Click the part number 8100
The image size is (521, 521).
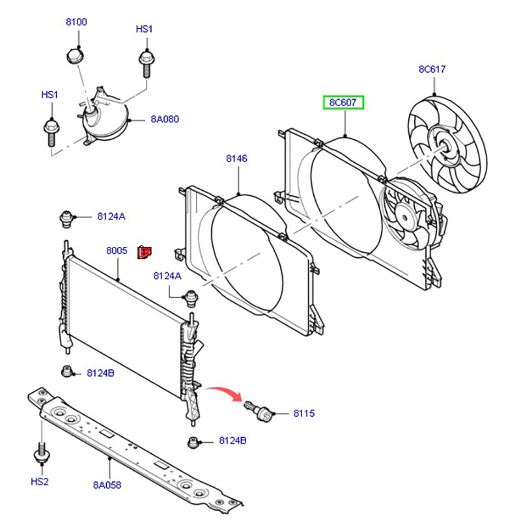pyautogui.click(x=76, y=21)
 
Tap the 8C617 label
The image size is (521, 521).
pyautogui.click(x=432, y=69)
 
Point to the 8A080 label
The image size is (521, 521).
pyautogui.click(x=165, y=119)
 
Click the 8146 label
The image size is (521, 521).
pyautogui.click(x=237, y=158)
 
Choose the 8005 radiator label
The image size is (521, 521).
pyautogui.click(x=117, y=250)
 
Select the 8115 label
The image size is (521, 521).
pyautogui.click(x=303, y=414)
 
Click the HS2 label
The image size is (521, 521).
pyautogui.click(x=40, y=481)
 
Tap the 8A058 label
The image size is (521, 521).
pyautogui.click(x=107, y=485)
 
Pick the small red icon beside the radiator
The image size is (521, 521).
pyautogui.click(x=144, y=251)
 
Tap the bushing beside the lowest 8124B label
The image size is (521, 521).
pyautogui.click(x=193, y=442)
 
